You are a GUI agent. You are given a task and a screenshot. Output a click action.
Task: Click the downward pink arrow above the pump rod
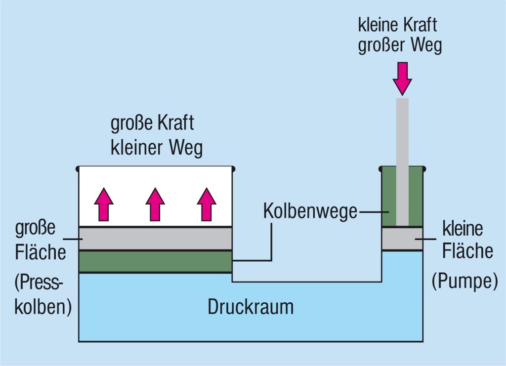click(402, 78)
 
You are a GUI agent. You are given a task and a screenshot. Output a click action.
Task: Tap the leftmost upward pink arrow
click(104, 203)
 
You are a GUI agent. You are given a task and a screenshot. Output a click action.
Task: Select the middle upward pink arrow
click(155, 203)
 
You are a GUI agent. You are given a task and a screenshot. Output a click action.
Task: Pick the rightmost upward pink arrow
click(207, 203)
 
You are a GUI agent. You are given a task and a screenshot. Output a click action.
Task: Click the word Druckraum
click(251, 307)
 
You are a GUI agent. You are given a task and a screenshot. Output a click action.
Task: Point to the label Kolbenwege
click(310, 211)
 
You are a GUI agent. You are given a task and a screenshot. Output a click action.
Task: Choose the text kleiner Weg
click(157, 148)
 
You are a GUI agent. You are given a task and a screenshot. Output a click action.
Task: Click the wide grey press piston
click(156, 239)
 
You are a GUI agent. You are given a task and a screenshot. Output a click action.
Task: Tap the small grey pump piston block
click(402, 239)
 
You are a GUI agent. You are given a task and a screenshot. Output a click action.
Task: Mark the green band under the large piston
click(156, 261)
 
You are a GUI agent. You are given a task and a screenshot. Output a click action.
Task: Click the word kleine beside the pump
click(462, 229)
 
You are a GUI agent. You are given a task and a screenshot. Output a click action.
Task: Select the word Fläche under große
click(41, 253)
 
